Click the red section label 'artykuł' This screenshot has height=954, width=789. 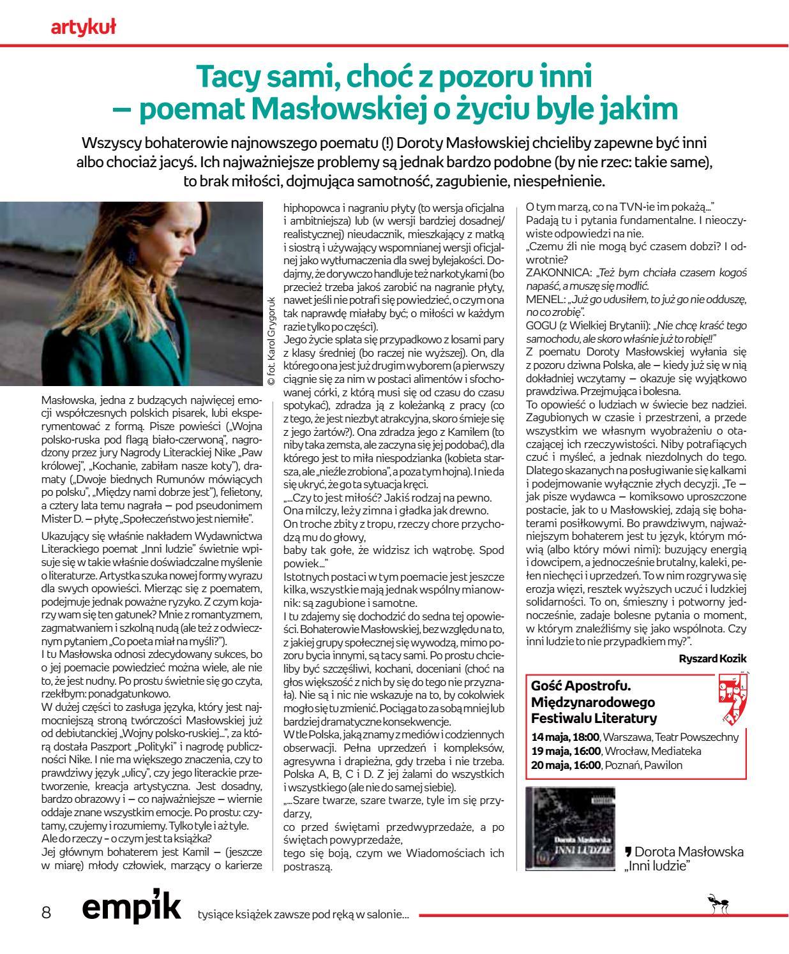coord(82,26)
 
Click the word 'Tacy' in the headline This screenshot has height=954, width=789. coord(228,77)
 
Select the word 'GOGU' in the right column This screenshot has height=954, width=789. coord(540,325)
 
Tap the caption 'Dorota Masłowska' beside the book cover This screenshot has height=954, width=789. coord(689,851)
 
